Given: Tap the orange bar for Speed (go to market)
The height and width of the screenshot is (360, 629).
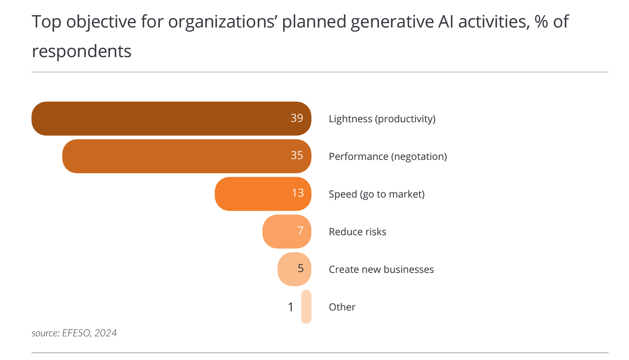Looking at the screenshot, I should (x=254, y=194).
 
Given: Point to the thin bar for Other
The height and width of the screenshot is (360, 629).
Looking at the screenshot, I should (x=306, y=307).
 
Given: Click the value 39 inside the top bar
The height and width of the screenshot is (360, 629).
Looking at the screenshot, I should (x=297, y=118).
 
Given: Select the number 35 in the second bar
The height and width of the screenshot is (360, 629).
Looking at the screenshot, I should (x=297, y=155).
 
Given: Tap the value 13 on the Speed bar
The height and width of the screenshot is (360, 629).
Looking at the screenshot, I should (x=298, y=193).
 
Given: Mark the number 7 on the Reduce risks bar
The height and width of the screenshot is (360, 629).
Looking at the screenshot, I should (x=300, y=231).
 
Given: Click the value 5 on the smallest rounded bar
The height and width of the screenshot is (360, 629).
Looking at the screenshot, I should (x=300, y=268).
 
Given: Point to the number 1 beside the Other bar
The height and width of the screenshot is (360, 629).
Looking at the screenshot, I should (x=291, y=307).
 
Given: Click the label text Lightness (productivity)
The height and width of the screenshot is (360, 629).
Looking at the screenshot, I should (x=382, y=119).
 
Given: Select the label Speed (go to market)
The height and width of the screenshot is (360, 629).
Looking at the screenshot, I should (x=376, y=194).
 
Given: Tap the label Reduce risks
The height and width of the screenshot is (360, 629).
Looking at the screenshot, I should (x=357, y=232).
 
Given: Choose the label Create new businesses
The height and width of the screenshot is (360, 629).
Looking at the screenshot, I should (x=381, y=269).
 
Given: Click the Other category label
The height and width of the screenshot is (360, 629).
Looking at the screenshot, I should (x=342, y=307).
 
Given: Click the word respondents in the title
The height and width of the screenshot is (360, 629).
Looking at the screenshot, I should (x=82, y=52).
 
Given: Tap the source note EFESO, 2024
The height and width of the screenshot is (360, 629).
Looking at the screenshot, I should (x=74, y=333).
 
